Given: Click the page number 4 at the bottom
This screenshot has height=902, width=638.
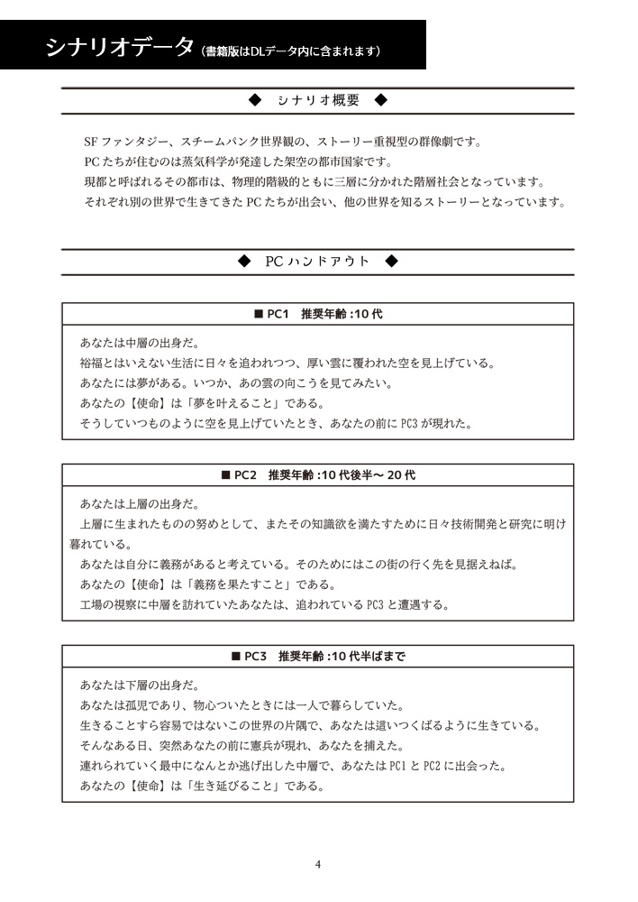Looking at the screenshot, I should [318, 864].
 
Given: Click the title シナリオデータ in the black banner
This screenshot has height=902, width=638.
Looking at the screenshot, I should [119, 47].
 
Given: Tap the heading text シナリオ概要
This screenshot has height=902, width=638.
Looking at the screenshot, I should [318, 100].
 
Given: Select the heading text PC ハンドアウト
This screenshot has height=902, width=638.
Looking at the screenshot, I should [317, 262].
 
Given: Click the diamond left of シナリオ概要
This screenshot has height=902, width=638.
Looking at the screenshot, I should [254, 100].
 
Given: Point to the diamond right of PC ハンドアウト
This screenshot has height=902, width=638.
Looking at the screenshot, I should [390, 262].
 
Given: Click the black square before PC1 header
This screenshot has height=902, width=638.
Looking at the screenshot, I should [258, 315].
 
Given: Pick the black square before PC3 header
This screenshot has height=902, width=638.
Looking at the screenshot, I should [236, 657].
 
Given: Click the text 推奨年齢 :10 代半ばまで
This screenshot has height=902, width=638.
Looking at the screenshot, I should [342, 657].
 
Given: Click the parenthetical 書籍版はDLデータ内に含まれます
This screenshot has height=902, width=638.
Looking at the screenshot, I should [293, 51].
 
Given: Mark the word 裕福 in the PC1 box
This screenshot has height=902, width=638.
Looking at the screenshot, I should [93, 364].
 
